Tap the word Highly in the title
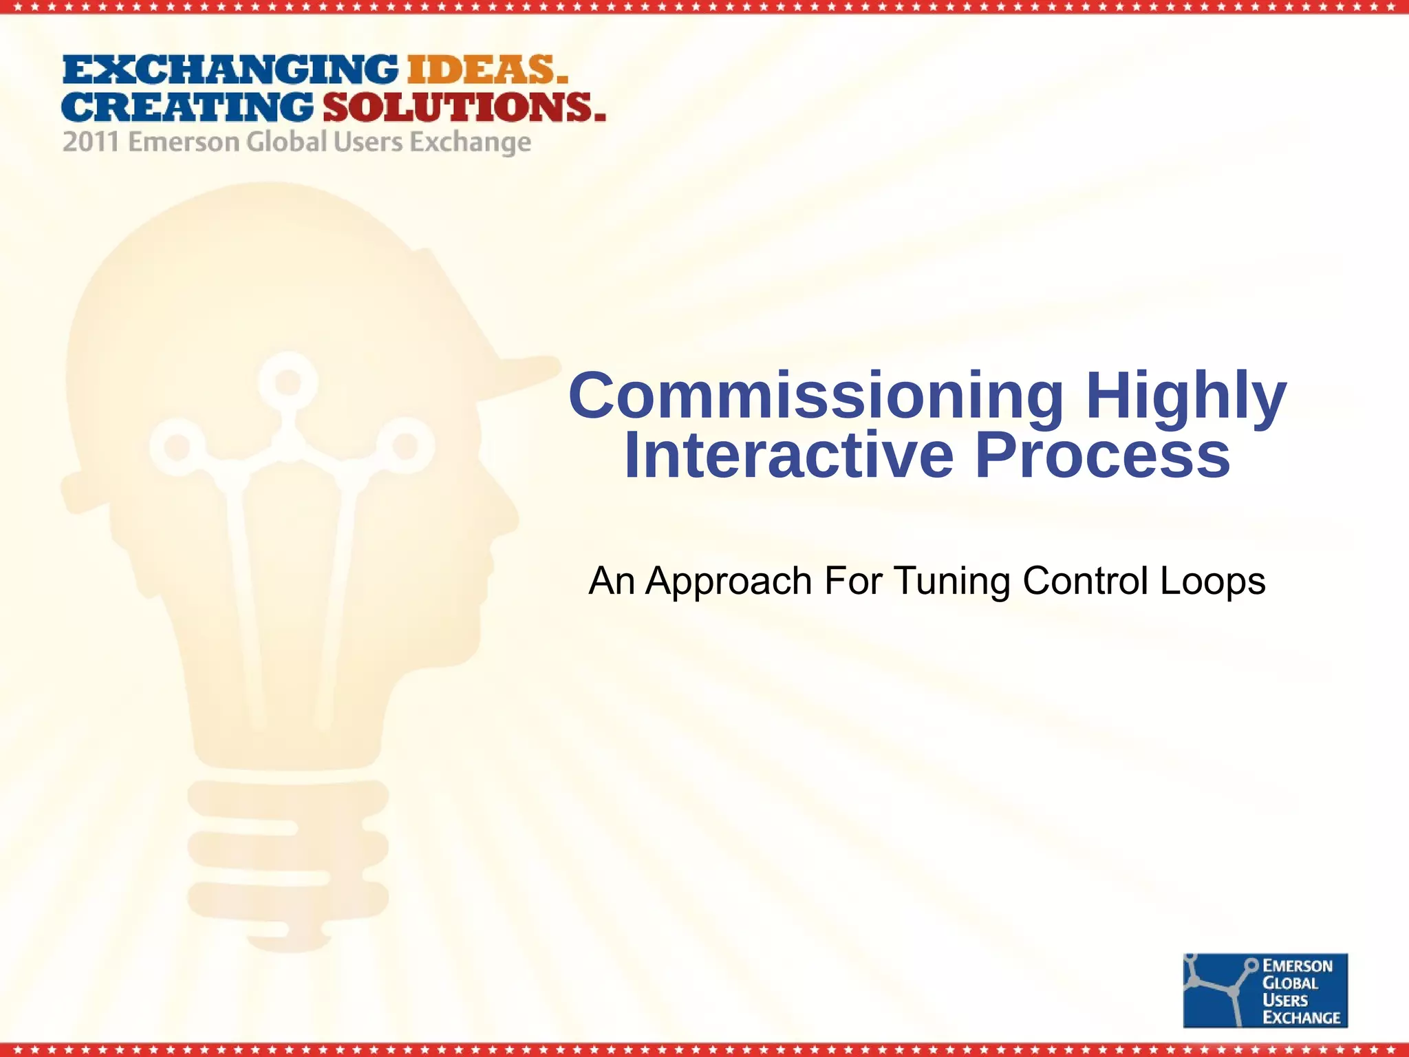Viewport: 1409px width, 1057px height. coord(1186,396)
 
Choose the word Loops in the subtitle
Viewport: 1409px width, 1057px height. coord(1212,581)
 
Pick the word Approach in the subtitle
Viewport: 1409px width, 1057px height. coord(729,581)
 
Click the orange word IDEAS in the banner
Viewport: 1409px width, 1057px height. coord(487,70)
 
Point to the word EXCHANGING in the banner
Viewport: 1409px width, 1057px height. coord(230,70)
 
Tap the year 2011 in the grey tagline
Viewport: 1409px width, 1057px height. coord(90,142)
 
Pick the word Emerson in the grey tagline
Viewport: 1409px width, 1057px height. coord(184,142)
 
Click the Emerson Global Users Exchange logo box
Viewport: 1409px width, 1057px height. coord(1265,990)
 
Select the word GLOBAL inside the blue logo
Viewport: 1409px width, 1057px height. coord(1291,983)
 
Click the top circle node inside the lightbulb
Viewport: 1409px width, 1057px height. coord(288,381)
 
